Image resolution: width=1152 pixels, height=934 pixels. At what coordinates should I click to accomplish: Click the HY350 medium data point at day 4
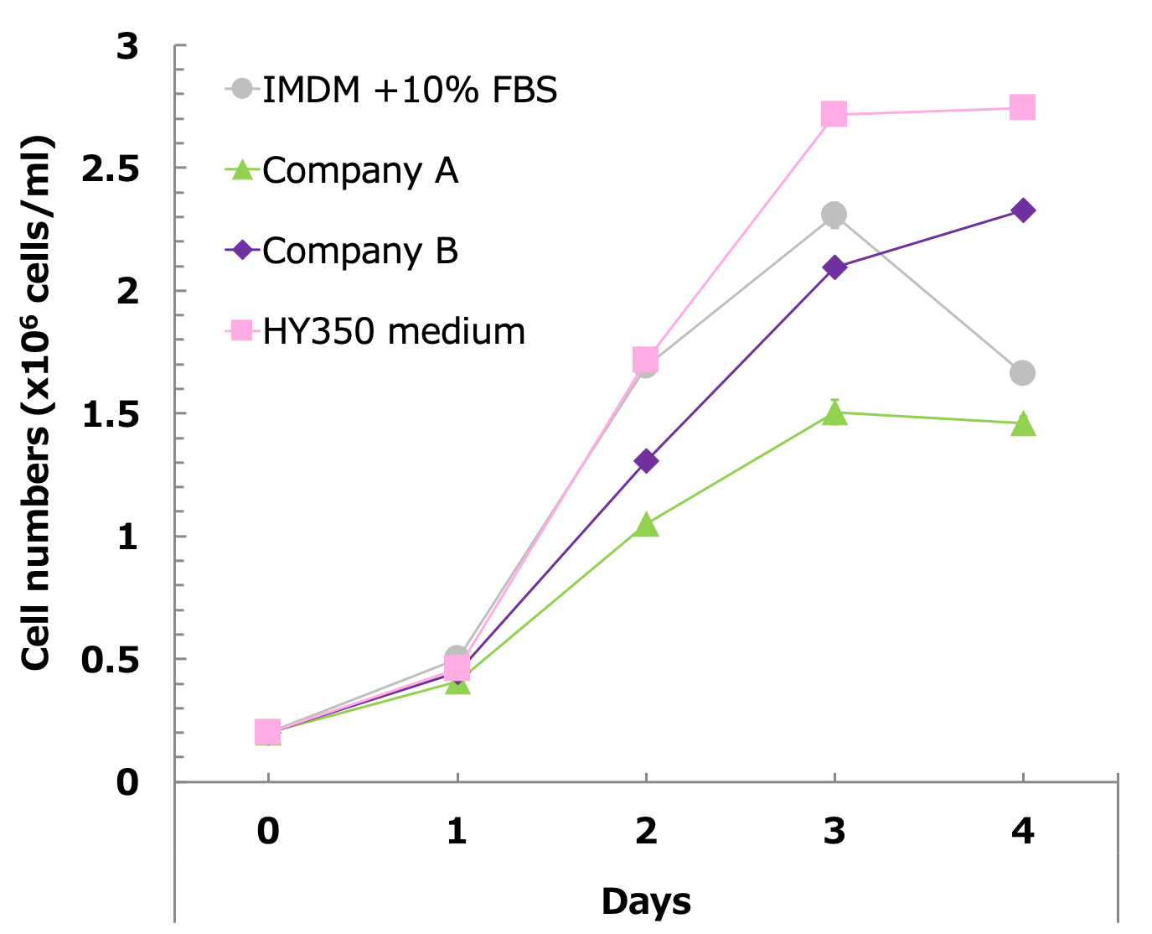pyautogui.click(x=1022, y=107)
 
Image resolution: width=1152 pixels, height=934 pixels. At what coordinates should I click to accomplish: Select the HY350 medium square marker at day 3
pyautogui.click(x=834, y=114)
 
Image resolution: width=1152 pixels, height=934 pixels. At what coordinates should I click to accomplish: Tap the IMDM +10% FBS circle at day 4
pyautogui.click(x=1022, y=373)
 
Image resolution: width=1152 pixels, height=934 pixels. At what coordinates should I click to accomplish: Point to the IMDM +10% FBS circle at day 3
pyautogui.click(x=834, y=215)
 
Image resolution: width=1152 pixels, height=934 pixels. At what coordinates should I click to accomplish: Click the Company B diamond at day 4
pyautogui.click(x=1022, y=210)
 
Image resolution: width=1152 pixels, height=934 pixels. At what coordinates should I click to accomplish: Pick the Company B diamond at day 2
pyautogui.click(x=645, y=460)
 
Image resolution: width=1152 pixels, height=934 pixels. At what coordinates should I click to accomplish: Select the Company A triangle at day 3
pyautogui.click(x=834, y=413)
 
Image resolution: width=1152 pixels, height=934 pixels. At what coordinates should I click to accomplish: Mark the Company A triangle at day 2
pyautogui.click(x=645, y=526)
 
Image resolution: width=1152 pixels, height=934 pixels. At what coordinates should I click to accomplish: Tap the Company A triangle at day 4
pyautogui.click(x=1022, y=424)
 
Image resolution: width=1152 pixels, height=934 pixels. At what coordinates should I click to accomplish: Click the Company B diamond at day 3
pyautogui.click(x=834, y=267)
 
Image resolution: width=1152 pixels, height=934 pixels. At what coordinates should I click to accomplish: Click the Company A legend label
pyautogui.click(x=359, y=171)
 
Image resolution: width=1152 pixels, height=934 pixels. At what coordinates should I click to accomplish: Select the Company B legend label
pyautogui.click(x=359, y=251)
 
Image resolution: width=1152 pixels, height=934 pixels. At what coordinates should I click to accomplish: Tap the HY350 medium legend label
pyautogui.click(x=393, y=331)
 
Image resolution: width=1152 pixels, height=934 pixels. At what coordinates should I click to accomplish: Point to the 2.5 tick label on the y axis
pyautogui.click(x=110, y=169)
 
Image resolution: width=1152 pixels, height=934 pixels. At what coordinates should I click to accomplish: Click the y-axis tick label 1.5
pyautogui.click(x=110, y=415)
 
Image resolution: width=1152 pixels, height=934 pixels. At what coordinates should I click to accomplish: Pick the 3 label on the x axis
pyautogui.click(x=834, y=831)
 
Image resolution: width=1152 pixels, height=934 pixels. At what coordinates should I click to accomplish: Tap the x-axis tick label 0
pyautogui.click(x=268, y=831)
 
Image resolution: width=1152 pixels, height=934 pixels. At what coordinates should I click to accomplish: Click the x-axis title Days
pyautogui.click(x=646, y=901)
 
